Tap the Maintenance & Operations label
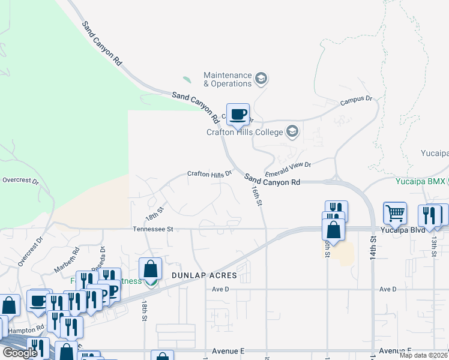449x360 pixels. (228, 79)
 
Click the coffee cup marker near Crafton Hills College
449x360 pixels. (238, 113)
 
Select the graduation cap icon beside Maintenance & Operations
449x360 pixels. (261, 78)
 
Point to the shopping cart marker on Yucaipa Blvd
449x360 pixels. (395, 213)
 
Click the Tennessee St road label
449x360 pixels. (152, 229)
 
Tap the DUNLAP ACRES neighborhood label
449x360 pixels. (204, 276)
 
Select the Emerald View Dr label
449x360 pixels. (288, 165)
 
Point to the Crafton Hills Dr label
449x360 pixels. (209, 174)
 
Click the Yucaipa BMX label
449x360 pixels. (422, 180)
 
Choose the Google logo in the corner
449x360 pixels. (19, 353)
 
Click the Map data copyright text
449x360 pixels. (423, 355)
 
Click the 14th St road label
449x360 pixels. (373, 247)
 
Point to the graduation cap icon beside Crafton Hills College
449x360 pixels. (292, 131)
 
